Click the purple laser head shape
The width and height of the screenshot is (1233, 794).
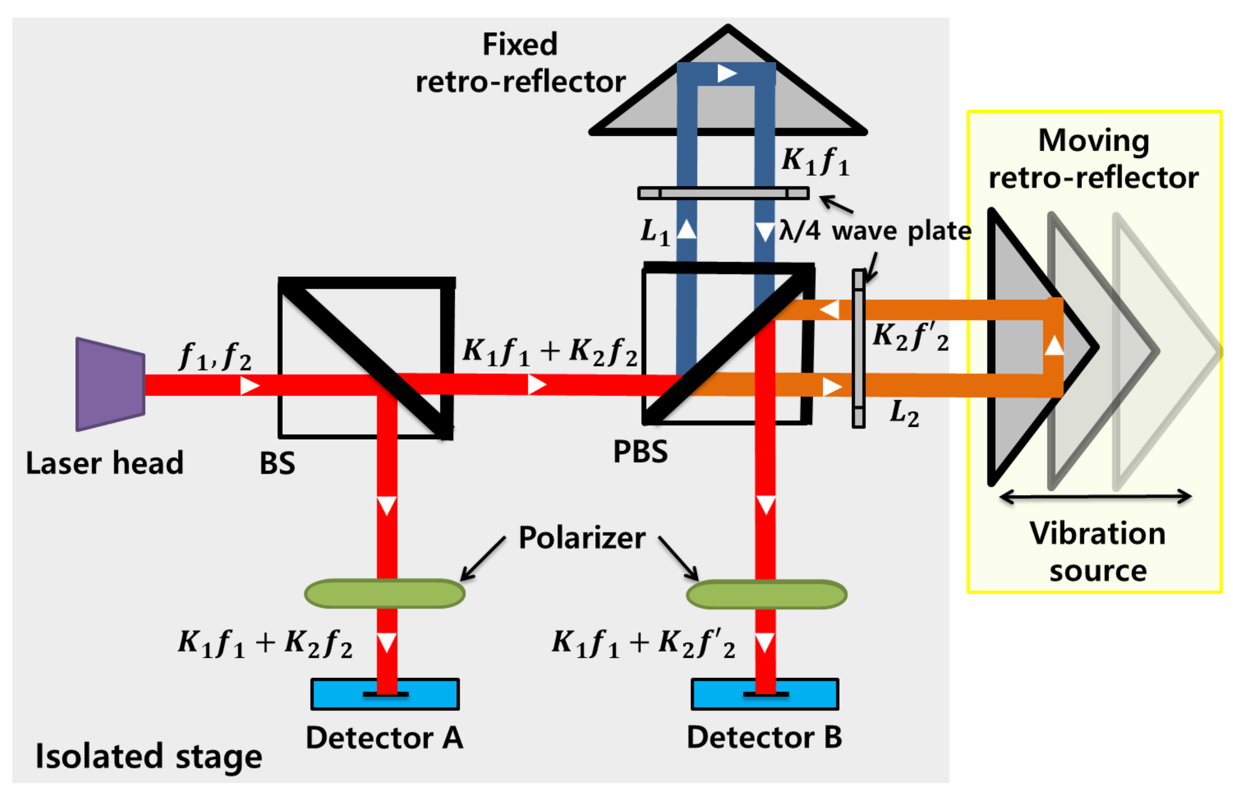(x=110, y=384)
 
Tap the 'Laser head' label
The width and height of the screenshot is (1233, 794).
(x=105, y=463)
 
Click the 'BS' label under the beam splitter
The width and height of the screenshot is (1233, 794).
(x=277, y=463)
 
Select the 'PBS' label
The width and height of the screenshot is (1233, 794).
(x=640, y=452)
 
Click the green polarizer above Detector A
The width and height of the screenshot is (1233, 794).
(x=384, y=593)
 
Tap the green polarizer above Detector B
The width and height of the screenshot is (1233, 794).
(x=766, y=594)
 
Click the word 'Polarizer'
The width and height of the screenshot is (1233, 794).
(x=582, y=538)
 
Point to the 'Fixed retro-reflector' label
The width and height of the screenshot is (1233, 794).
(x=521, y=63)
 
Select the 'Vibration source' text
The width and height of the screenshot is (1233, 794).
(x=1097, y=552)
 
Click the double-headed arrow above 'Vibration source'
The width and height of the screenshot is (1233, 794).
(x=1094, y=497)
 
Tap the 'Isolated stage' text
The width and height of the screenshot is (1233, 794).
(x=149, y=756)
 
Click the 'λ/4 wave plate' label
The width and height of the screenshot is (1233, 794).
(x=875, y=230)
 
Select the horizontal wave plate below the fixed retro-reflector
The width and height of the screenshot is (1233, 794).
(x=723, y=193)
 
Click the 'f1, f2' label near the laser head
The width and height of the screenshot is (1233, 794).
(x=215, y=357)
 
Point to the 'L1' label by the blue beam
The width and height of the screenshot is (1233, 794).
(x=655, y=231)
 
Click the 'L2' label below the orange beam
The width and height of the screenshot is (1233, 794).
(x=904, y=413)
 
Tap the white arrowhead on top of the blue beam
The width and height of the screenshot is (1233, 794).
(x=727, y=73)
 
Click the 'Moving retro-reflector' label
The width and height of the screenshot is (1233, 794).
(x=1093, y=159)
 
